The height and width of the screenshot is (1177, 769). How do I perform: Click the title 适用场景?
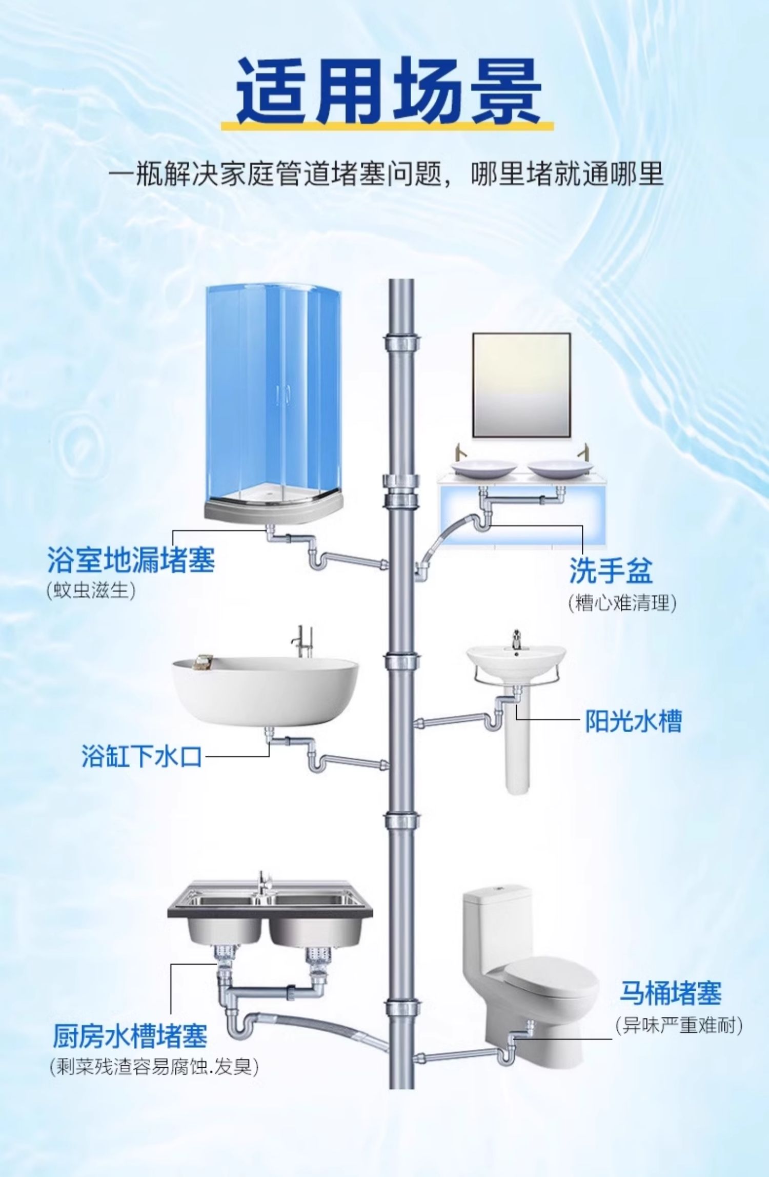point(388,91)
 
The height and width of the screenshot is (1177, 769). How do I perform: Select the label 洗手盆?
point(611,570)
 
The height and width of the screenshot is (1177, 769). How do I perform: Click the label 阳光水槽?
point(634,721)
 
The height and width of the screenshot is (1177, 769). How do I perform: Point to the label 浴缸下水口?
point(141,756)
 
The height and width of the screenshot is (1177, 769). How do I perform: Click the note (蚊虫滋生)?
point(91,591)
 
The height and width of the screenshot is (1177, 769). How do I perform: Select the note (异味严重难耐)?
point(679,1025)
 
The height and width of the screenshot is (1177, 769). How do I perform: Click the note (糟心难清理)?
point(622,602)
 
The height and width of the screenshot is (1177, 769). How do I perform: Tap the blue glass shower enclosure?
point(273,395)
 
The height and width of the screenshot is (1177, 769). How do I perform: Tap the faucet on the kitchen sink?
point(263,884)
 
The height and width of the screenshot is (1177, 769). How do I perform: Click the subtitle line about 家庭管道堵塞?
point(386,174)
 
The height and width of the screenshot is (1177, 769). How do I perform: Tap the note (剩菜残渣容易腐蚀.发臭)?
point(154,1067)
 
